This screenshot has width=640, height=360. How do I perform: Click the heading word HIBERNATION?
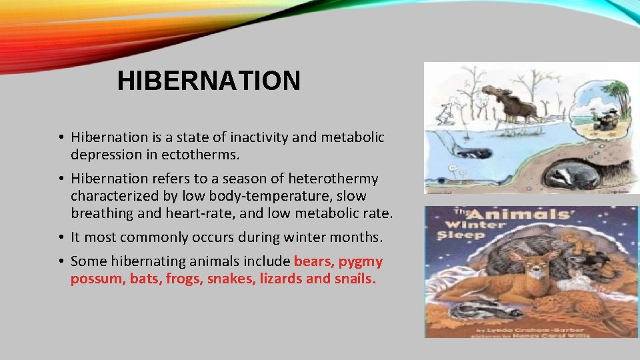[209, 81]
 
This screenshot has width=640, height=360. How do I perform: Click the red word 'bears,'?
[314, 261]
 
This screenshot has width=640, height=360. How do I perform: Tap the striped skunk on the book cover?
[483, 309]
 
